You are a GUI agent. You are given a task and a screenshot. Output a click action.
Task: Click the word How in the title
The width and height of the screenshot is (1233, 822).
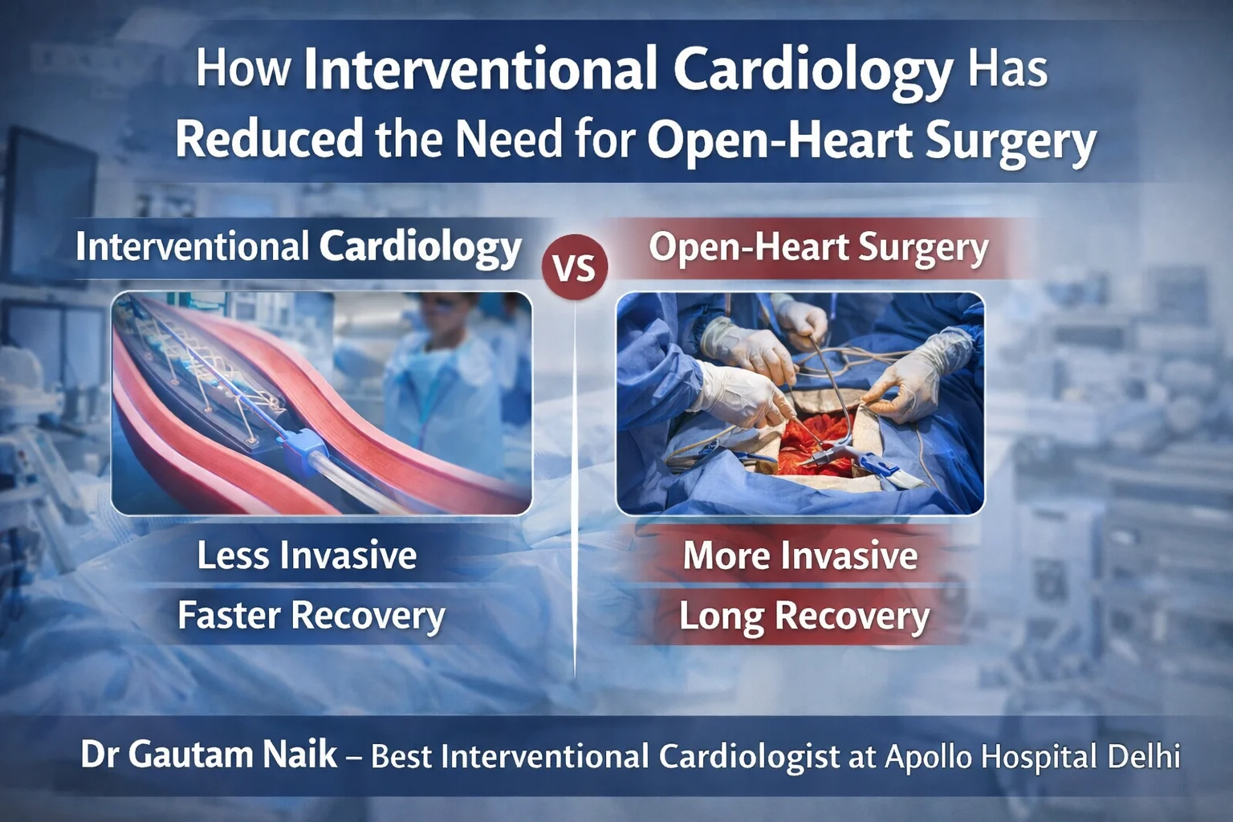[x=242, y=67]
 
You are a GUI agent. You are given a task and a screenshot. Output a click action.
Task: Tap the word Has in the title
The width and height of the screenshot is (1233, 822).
[x=1007, y=67]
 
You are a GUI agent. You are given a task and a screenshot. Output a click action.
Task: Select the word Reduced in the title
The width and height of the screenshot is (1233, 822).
[x=269, y=138]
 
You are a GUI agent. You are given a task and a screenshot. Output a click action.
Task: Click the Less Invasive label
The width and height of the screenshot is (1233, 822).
[x=307, y=555]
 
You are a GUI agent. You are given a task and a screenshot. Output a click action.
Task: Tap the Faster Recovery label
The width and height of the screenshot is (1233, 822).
[x=311, y=616]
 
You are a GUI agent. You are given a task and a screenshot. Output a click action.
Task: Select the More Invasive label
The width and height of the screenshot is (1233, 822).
[x=800, y=555]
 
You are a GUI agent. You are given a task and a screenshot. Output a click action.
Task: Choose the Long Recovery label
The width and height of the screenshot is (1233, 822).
[x=804, y=616]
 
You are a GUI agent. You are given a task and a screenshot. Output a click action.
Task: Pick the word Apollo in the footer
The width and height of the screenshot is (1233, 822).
[x=928, y=757]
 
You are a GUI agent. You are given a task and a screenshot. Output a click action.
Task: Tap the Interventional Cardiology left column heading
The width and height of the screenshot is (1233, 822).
[x=299, y=247]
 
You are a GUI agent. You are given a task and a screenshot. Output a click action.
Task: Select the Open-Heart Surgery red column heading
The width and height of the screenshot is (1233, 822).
[x=818, y=247]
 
